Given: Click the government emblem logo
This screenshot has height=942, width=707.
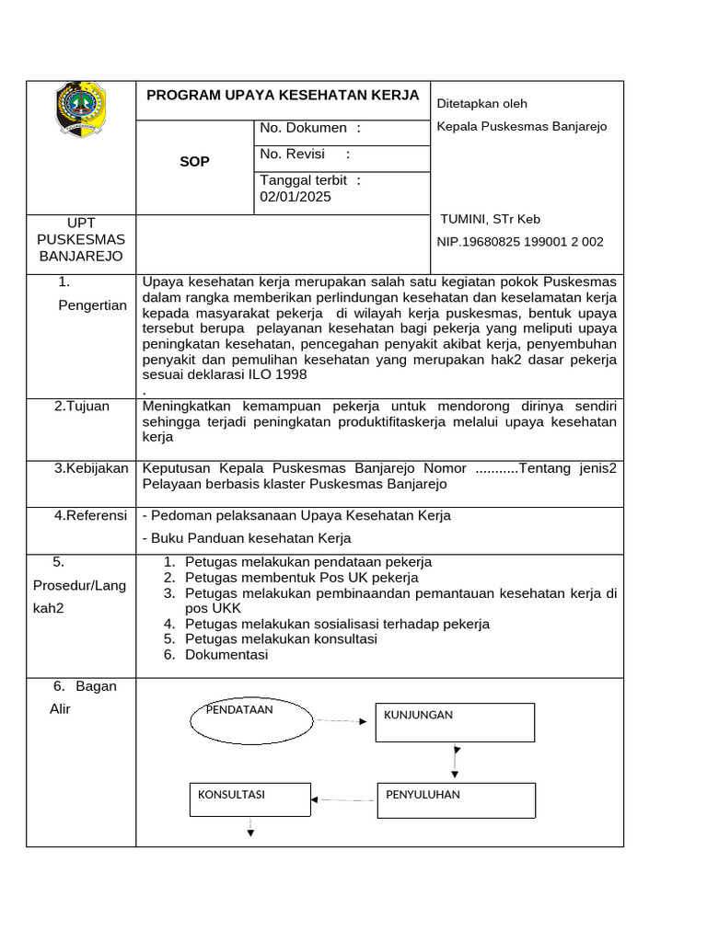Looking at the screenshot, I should [x=81, y=109].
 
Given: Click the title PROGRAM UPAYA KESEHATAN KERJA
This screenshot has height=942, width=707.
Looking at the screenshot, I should [x=283, y=96].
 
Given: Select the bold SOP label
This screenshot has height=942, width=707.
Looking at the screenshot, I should [x=194, y=162].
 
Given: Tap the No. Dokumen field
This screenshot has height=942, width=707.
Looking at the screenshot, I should [x=310, y=129].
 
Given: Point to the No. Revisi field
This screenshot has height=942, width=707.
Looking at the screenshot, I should [x=305, y=155].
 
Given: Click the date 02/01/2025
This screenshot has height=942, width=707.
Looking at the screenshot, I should [x=296, y=197].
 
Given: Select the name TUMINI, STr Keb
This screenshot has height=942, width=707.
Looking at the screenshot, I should [x=490, y=219].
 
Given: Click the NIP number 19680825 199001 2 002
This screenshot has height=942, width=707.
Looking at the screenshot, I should [x=520, y=242].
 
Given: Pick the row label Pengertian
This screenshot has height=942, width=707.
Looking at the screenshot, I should [x=92, y=305].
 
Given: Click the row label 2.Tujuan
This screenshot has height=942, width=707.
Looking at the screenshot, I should [x=81, y=407].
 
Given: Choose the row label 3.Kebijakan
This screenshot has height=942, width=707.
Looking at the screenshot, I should [x=91, y=469].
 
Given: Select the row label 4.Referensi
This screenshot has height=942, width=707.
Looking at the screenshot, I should [x=90, y=516].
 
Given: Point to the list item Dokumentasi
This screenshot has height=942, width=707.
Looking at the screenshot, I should [x=226, y=655].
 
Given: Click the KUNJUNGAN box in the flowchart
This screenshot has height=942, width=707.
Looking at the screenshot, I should [x=455, y=722].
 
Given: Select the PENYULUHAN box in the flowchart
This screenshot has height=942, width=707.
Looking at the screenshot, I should [x=456, y=799].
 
